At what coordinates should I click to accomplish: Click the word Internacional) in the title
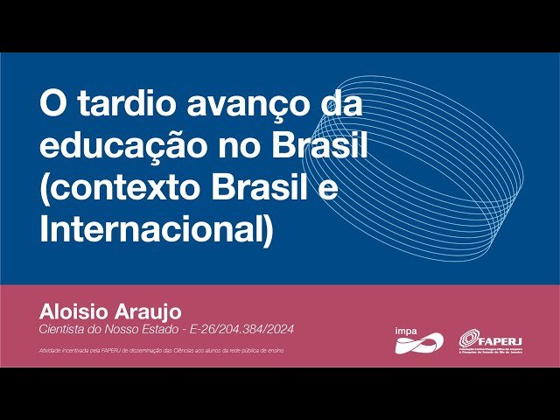(157, 230)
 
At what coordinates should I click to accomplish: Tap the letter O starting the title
(50, 105)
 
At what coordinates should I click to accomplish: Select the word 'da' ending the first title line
(341, 105)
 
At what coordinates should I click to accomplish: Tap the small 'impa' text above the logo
(405, 330)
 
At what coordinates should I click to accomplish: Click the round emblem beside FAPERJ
(469, 339)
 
